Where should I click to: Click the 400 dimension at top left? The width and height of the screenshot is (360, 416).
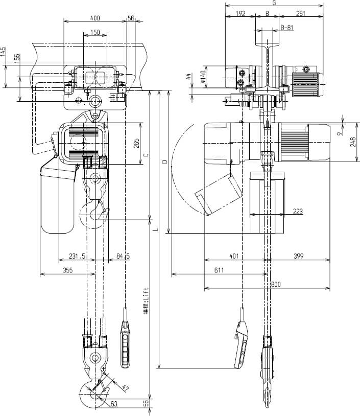94,17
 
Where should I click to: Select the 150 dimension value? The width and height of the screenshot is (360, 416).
95,32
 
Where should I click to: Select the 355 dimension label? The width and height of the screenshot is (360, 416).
67,270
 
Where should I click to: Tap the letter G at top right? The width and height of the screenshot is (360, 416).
274,3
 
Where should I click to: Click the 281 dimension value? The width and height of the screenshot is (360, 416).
301,14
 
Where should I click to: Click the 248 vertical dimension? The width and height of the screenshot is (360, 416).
353,142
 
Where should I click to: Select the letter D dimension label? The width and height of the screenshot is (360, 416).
164,162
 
